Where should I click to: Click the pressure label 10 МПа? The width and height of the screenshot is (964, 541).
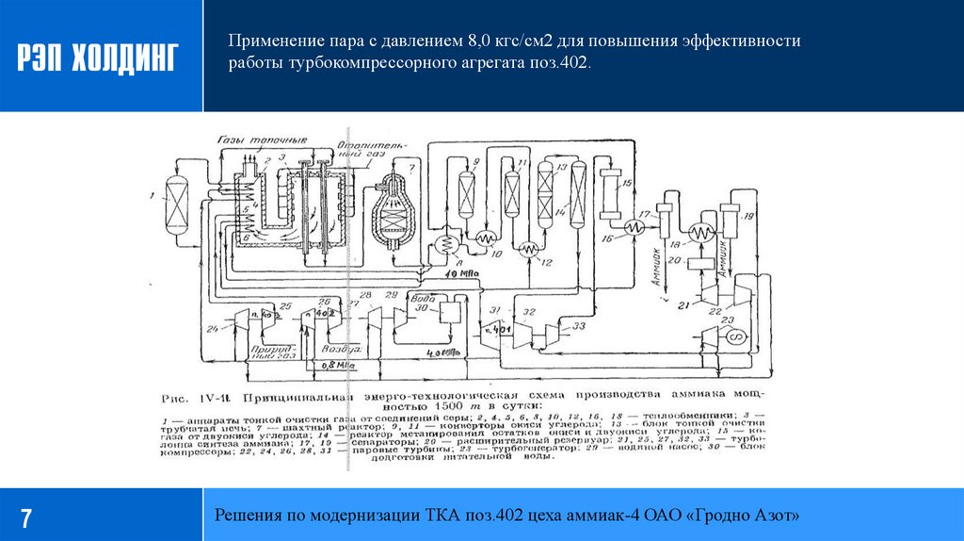pyautogui.click(x=458, y=272)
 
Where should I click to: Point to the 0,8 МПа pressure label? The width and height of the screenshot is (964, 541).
pyautogui.click(x=338, y=363)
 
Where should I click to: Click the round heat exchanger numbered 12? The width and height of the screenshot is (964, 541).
pyautogui.click(x=530, y=249)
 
